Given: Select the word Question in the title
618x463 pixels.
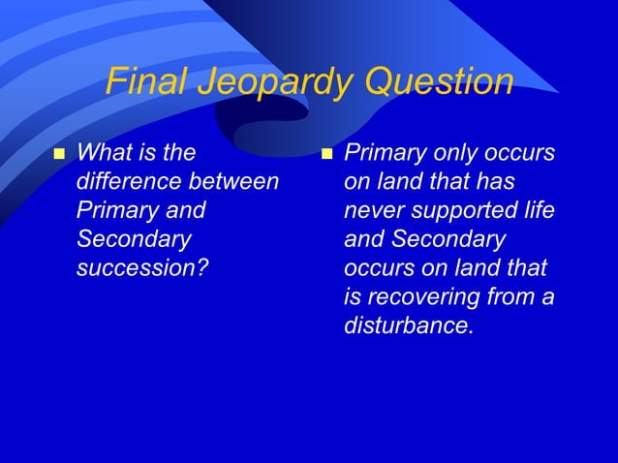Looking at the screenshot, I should [439, 82].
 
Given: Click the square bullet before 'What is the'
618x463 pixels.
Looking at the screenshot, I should [57, 154].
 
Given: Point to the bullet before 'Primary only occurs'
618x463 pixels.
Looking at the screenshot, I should [326, 154].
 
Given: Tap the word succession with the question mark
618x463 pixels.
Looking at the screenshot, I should [141, 267].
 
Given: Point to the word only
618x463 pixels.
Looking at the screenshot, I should [454, 152].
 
